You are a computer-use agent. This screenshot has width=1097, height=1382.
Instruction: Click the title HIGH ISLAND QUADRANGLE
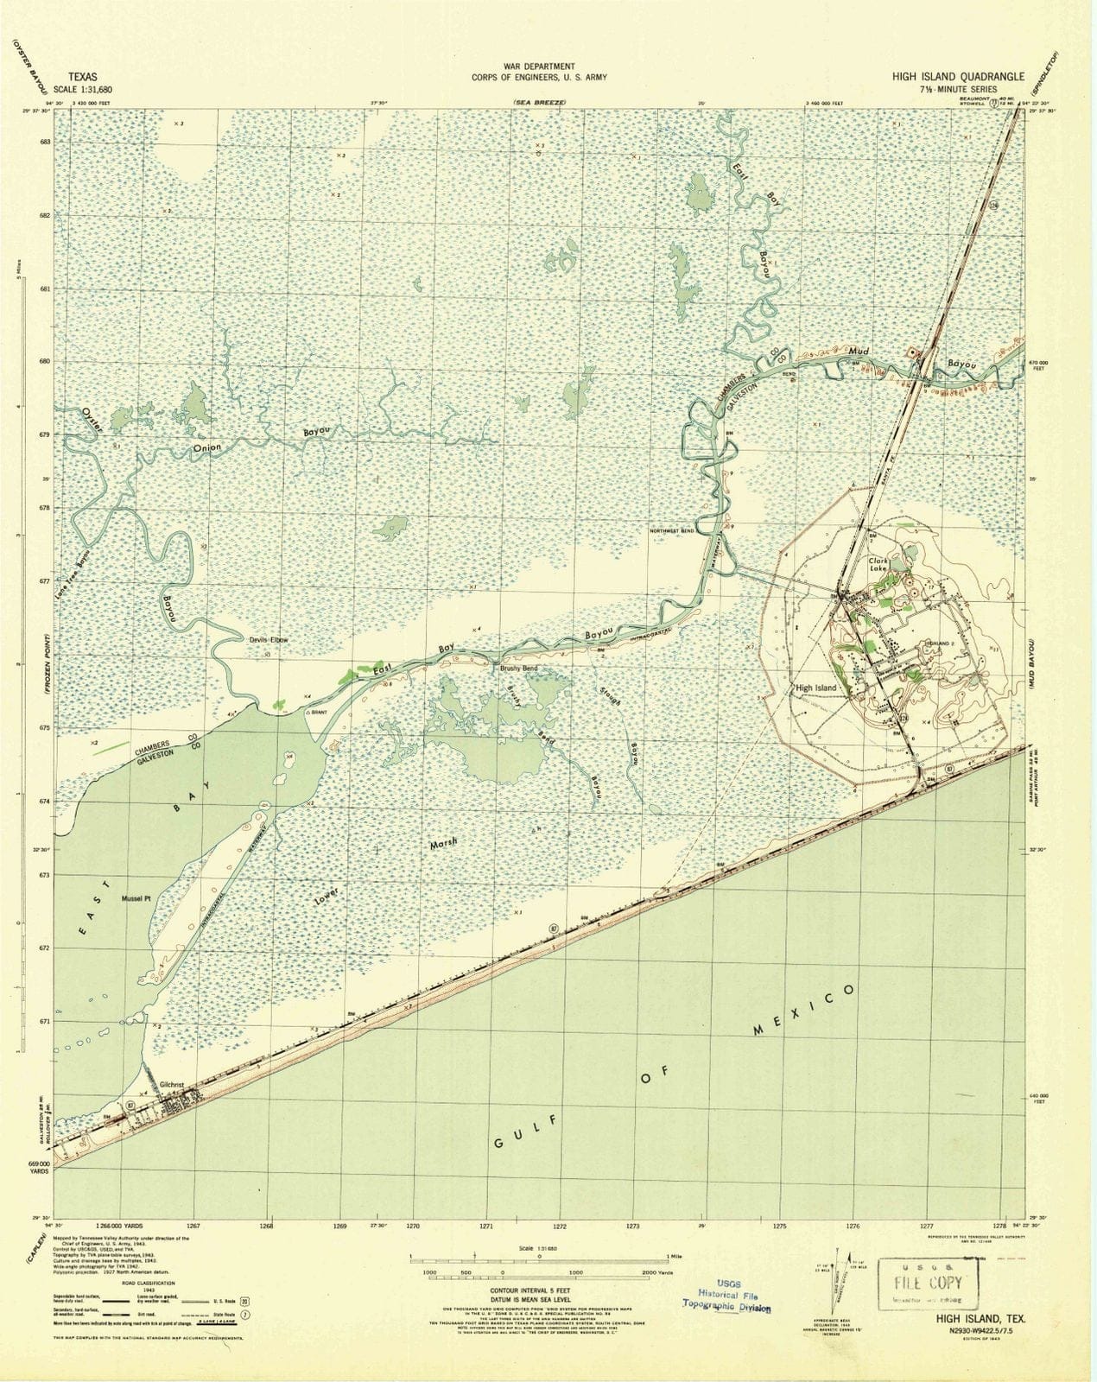pyautogui.click(x=947, y=75)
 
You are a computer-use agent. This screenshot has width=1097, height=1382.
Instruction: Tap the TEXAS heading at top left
pyautogui.click(x=82, y=76)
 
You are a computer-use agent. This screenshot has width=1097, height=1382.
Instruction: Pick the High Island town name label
pyautogui.click(x=815, y=688)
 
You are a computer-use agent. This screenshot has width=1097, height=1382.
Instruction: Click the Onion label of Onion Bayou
pyautogui.click(x=206, y=447)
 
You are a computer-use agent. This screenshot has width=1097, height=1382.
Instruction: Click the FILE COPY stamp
pyautogui.click(x=921, y=1282)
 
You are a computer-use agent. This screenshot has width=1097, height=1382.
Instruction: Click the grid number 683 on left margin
pyautogui.click(x=45, y=141)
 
